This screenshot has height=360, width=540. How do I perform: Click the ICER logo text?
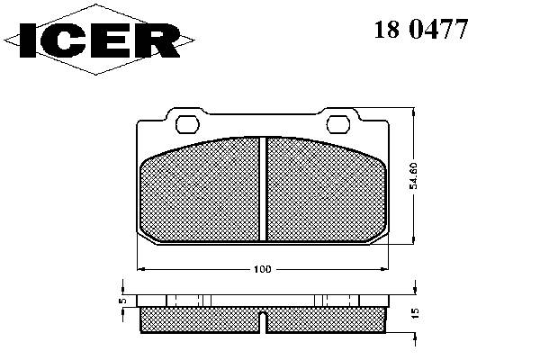click(100, 40)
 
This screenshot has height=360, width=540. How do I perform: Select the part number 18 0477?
click(421, 30)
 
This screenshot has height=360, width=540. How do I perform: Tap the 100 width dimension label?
click(263, 269)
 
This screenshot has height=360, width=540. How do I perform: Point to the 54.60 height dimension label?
click(413, 176)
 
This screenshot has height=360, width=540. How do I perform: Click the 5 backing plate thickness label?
click(123, 301)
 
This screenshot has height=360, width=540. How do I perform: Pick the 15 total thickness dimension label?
click(415, 313)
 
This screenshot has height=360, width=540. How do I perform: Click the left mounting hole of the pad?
click(187, 124)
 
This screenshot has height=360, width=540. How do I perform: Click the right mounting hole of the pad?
click(337, 124)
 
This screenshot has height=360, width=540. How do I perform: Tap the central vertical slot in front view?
click(263, 189)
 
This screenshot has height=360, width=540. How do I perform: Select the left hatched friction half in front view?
click(201, 191)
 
